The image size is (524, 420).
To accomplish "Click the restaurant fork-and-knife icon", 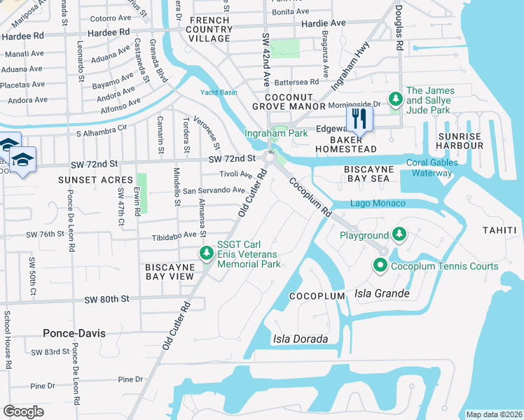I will tap(359, 119).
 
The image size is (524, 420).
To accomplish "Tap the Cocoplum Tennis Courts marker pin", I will tap(380, 266).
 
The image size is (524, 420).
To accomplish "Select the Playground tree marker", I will tap(399, 234).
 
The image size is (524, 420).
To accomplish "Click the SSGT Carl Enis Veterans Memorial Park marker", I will tap(206, 253).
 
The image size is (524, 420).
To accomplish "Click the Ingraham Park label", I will tap(275, 133).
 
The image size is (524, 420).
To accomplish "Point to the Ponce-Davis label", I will tap(74, 333).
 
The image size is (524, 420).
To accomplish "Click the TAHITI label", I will tap(499, 230).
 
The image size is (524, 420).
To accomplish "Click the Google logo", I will tap(23, 412).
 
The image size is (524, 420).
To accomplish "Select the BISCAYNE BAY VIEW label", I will tap(170, 272).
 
